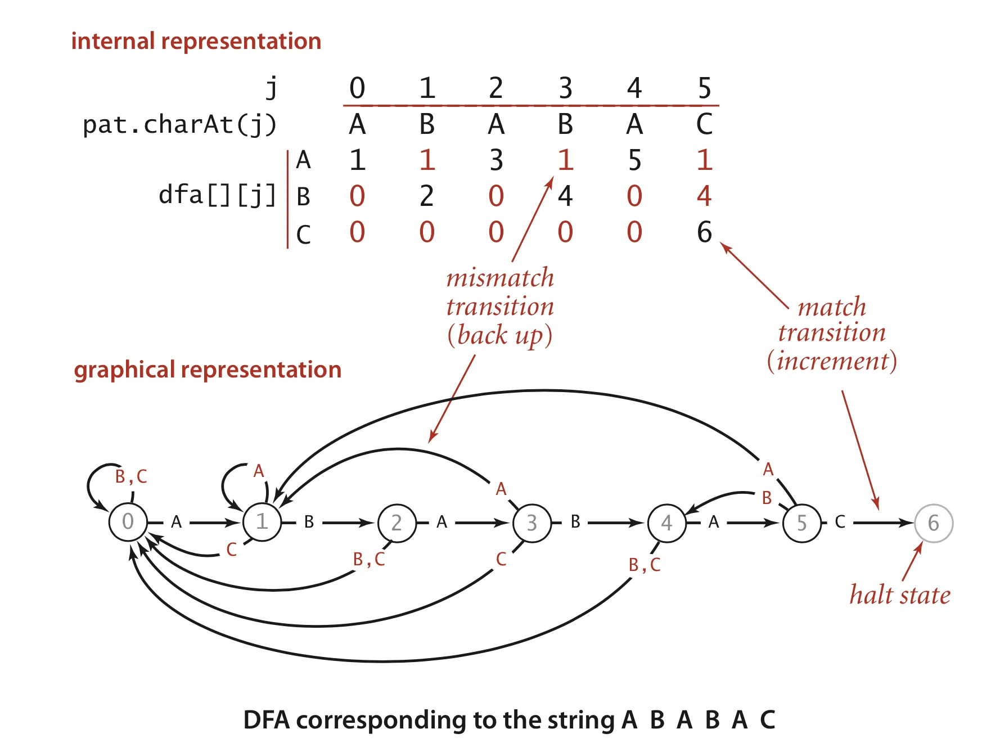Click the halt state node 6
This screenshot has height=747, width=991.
(x=933, y=523)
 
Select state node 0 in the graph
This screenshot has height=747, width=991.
(x=128, y=522)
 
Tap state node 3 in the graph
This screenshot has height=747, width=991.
(x=531, y=523)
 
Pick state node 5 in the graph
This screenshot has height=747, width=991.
(x=801, y=523)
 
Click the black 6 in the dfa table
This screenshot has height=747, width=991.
(x=704, y=232)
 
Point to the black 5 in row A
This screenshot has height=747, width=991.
(x=634, y=160)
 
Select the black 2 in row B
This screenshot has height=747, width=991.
(x=426, y=196)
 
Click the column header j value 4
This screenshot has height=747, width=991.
(x=634, y=88)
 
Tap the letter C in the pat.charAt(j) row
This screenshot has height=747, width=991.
(x=704, y=124)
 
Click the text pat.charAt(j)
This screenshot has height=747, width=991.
(x=179, y=124)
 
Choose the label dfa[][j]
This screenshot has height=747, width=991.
(x=217, y=195)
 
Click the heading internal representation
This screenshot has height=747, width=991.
(x=196, y=41)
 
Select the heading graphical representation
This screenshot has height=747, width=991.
(x=208, y=370)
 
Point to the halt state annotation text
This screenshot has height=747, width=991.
(x=899, y=595)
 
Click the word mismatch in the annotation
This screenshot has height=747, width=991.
(x=500, y=278)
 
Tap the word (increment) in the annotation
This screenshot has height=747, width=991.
(x=832, y=361)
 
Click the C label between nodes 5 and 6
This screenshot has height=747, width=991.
(x=840, y=522)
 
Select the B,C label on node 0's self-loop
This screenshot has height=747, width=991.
(x=131, y=476)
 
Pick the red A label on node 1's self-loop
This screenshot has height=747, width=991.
(x=259, y=471)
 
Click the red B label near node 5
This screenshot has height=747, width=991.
(x=767, y=498)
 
